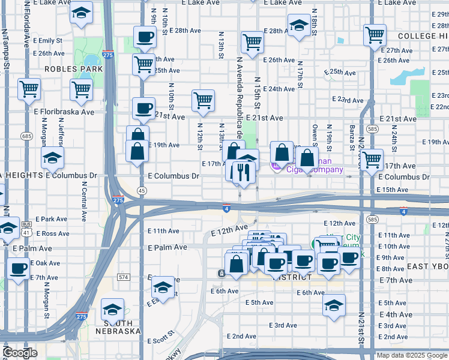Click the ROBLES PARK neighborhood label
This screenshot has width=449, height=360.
(73, 69)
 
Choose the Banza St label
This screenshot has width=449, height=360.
(352, 137)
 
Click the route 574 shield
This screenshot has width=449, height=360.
(124, 277)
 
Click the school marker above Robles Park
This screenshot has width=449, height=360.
(80, 13)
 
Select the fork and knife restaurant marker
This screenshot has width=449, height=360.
(243, 172)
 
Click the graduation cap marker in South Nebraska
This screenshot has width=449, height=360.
(112, 310)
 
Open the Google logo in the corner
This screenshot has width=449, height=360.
(20, 353)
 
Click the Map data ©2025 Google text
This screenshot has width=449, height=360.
(411, 355)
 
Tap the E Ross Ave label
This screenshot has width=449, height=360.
(53, 233)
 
